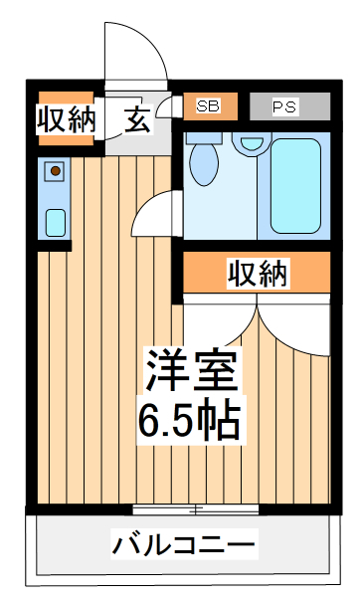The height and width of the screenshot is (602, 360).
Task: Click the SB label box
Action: coord(209,105)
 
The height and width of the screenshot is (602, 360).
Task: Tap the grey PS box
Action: coord(288,105)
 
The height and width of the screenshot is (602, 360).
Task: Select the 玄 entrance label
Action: coord(137,119)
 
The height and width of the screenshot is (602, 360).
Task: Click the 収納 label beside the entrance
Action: coord(66,119)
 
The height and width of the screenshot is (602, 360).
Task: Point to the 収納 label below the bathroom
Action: coord(257,273)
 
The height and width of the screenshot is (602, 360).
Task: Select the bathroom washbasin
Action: coord(248,145)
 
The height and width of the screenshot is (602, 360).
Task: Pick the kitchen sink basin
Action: coord(56,221)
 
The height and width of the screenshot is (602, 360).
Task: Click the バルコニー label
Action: coord(184,544)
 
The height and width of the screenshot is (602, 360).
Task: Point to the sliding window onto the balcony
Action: coord(195,510)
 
